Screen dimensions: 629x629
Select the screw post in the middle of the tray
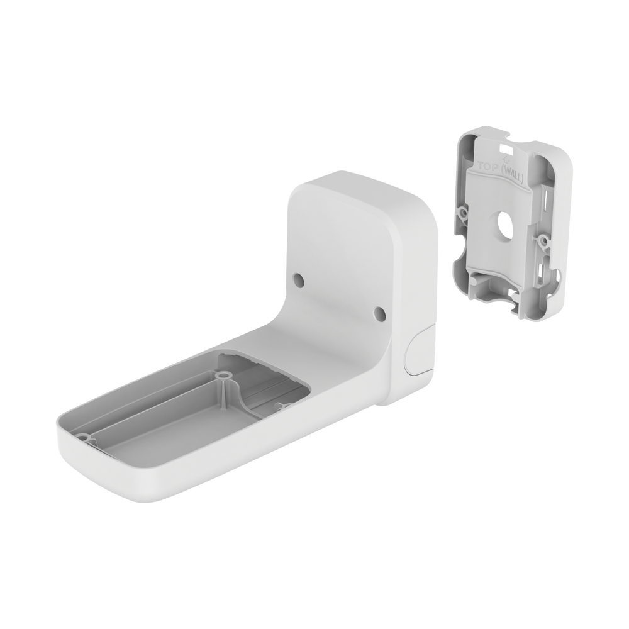[223, 376]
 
